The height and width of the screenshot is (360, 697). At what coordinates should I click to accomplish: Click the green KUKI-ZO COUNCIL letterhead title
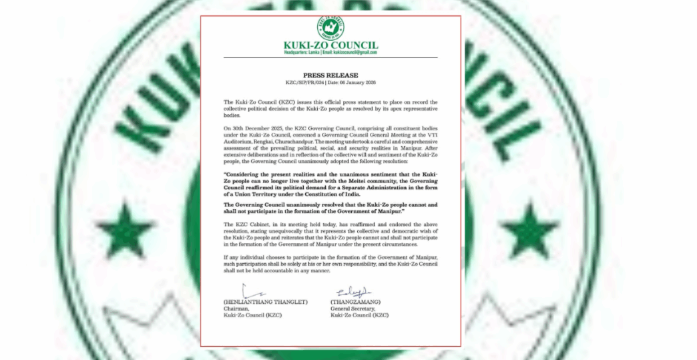pyautogui.click(x=330, y=45)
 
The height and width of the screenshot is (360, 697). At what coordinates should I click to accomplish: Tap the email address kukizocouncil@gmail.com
pyautogui.click(x=355, y=52)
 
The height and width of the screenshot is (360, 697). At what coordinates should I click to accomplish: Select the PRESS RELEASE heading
pyautogui.click(x=330, y=75)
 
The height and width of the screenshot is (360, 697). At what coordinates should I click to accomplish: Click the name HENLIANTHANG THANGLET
pyautogui.click(x=266, y=302)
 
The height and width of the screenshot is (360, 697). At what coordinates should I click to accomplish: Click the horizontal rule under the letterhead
pyautogui.click(x=330, y=58)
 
